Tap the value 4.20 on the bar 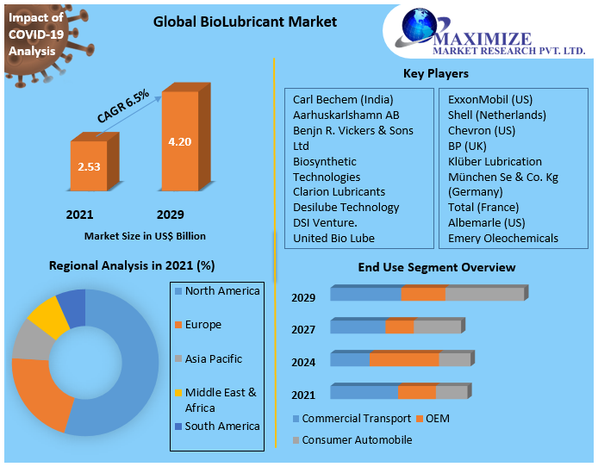pos(179,141)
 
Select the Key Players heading pos(435,74)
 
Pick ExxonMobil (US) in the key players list pos(490,99)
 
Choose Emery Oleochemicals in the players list pos(502,238)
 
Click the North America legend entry pos(221,291)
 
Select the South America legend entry pos(221,427)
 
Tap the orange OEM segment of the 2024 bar pos(404,359)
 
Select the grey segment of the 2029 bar pos(484,295)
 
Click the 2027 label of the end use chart pos(303,329)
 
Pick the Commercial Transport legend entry pos(356,419)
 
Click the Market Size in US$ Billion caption pos(145,235)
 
